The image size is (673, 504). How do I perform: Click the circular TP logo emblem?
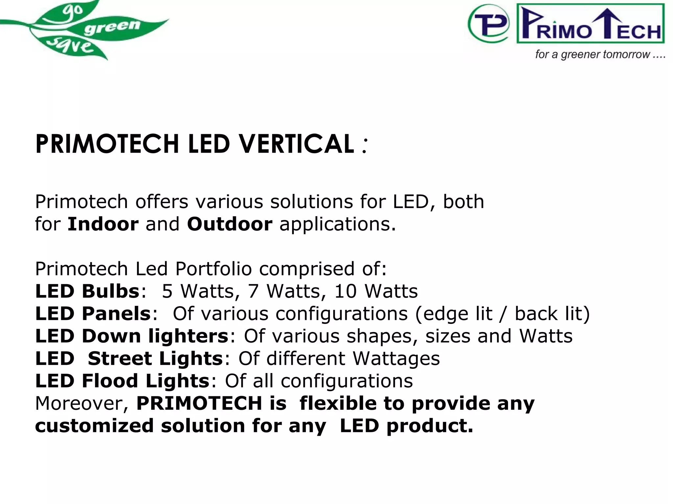[x=489, y=24]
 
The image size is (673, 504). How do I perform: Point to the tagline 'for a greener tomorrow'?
[x=600, y=54]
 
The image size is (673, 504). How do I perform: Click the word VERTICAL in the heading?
[x=296, y=144]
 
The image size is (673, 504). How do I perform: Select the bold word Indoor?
[x=103, y=224]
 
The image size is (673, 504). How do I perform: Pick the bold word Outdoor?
[x=229, y=224]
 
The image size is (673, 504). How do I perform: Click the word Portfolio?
[x=213, y=269]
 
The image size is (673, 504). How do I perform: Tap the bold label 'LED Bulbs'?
[x=87, y=291]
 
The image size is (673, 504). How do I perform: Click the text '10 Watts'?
[x=376, y=291]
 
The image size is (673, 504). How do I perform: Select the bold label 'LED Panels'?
[x=93, y=313]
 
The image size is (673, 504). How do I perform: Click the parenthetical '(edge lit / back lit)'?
[x=502, y=314]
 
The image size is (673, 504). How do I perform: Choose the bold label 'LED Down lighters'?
[x=132, y=336]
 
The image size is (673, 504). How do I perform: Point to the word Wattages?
[x=396, y=359]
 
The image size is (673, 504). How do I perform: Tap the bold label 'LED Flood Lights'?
[x=122, y=381]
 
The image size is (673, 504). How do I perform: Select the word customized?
[x=94, y=426]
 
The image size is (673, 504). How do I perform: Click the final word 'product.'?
[x=429, y=426]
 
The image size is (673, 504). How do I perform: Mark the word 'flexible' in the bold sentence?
[x=338, y=403]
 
